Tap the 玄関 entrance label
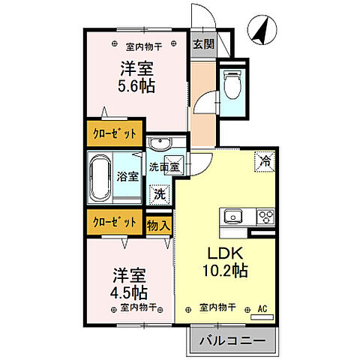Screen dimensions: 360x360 click(203, 44)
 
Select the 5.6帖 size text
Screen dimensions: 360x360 click(136, 86)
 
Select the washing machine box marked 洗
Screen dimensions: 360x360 click(160, 193)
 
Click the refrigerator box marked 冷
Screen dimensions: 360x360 click(265, 159)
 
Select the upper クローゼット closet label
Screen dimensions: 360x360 click(115, 133)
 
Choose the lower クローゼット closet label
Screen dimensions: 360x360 click(115, 222)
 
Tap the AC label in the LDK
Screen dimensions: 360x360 click(263, 307)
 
